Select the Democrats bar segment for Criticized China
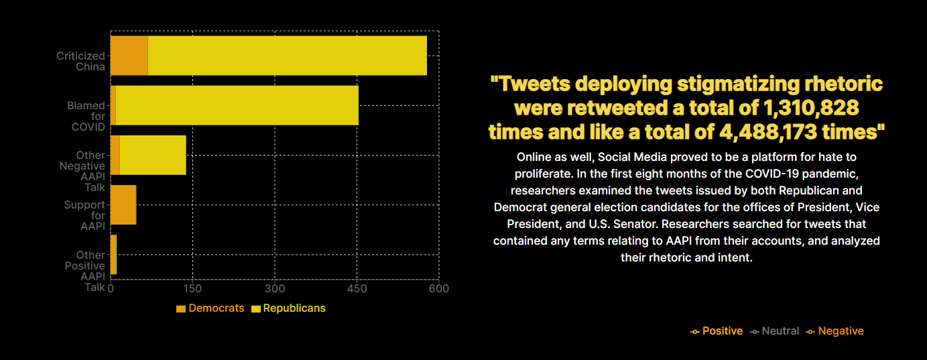[x=129, y=56]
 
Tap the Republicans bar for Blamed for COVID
[x=237, y=105]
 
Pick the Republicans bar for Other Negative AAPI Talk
[x=153, y=155]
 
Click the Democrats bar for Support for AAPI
[x=123, y=204]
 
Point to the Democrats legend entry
[x=210, y=308]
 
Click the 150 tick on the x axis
[x=192, y=289]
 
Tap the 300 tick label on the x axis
[x=275, y=289]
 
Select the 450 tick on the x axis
[x=357, y=289]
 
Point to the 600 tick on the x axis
[x=439, y=289]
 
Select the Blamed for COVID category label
[x=87, y=116]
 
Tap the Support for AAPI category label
[x=85, y=215]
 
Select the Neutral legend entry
[x=775, y=331]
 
